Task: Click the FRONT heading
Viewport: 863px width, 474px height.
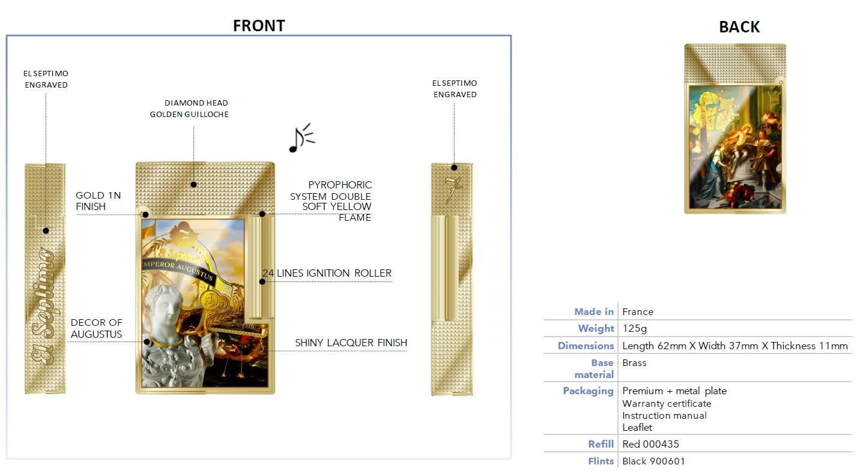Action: pos(259,26)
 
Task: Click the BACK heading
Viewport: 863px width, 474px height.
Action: pos(739,27)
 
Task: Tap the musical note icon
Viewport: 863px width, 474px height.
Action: pos(301,138)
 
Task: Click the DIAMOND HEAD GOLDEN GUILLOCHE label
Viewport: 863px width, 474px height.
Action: pos(189,109)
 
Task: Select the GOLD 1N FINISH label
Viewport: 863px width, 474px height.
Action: pos(98,201)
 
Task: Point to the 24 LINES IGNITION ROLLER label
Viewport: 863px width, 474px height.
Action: pos(327,273)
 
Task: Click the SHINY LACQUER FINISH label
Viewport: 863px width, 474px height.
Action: pos(351,343)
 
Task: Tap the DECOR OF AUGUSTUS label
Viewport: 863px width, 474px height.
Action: pos(96,328)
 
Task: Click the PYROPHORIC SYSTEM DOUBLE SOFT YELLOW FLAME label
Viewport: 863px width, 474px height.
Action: pos(331,201)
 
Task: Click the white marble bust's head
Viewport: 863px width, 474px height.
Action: pos(165,305)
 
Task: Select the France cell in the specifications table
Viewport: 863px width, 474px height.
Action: pos(638,311)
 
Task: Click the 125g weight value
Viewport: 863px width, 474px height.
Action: pos(635,328)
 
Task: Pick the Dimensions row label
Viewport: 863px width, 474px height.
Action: pos(586,346)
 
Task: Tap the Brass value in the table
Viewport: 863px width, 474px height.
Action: pos(634,363)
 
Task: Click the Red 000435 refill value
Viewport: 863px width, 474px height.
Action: pos(651,444)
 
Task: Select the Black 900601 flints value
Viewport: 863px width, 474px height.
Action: pos(653,461)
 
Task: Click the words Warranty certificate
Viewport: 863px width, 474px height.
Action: pos(667,404)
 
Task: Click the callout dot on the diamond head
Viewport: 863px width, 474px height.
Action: pos(194,184)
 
